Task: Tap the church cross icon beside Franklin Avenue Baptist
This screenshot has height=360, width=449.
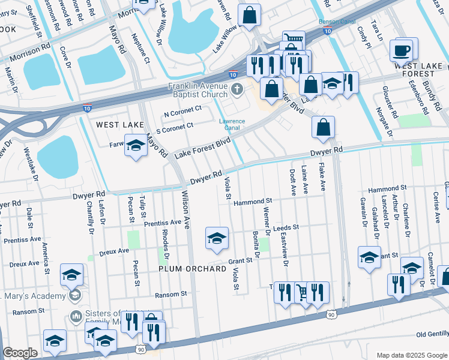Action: [x=237, y=91]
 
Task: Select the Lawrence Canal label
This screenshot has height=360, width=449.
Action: [x=231, y=125]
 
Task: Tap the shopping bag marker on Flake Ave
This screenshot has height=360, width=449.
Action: [x=323, y=127]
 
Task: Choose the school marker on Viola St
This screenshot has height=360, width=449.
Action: [x=217, y=238]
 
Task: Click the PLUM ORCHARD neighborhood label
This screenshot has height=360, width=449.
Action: [x=192, y=269]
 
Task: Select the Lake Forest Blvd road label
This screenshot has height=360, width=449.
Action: [x=202, y=148]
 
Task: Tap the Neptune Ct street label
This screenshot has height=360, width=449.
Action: [x=146, y=50]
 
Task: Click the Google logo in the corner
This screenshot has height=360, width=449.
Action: [x=20, y=353]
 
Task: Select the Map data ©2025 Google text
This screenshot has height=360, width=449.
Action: [x=411, y=355]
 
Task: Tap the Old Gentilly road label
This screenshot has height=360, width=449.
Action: [x=432, y=334]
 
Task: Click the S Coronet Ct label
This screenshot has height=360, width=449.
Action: [x=174, y=126]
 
